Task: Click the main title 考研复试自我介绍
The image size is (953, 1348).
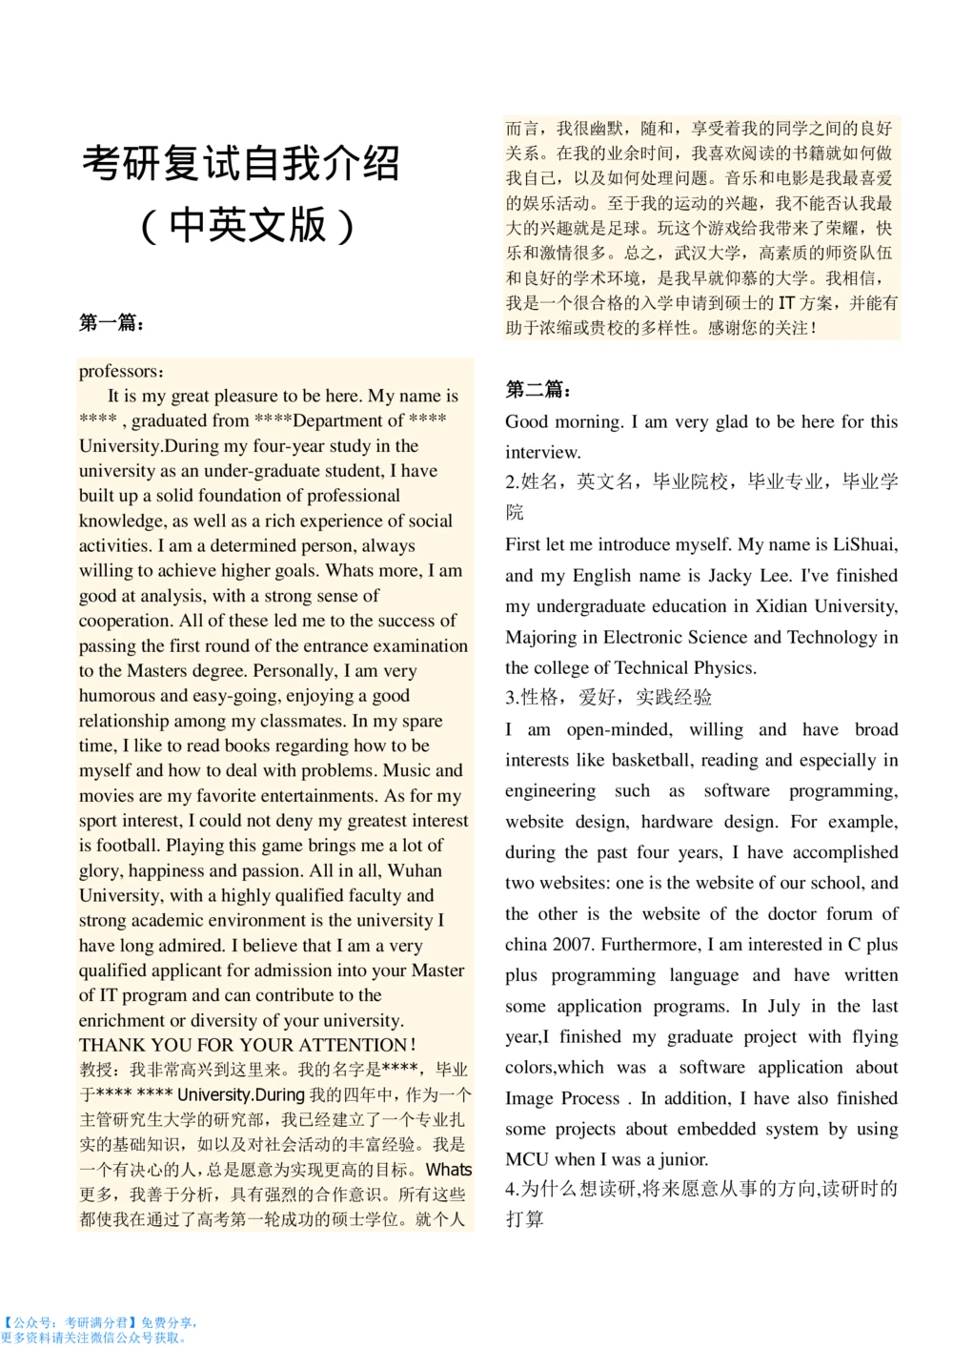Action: pos(240,164)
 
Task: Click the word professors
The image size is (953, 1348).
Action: pos(119,372)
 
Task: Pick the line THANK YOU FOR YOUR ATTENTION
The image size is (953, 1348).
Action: pos(247,1045)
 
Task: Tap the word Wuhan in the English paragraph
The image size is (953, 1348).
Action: pos(415,870)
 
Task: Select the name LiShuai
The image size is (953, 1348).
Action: pos(864,544)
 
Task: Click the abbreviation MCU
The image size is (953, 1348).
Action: pos(527,1159)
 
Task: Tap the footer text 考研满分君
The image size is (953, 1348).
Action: pos(96,1323)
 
